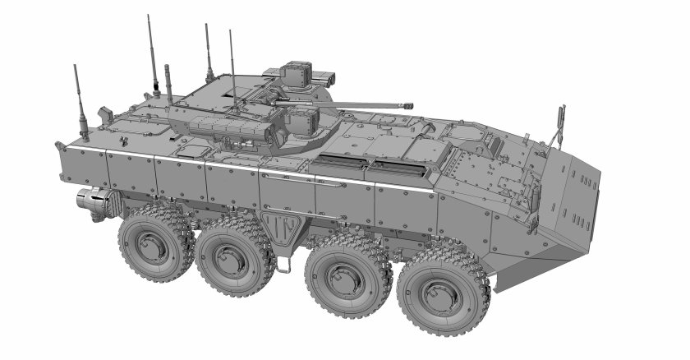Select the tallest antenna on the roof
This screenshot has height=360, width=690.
pos(151,49)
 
